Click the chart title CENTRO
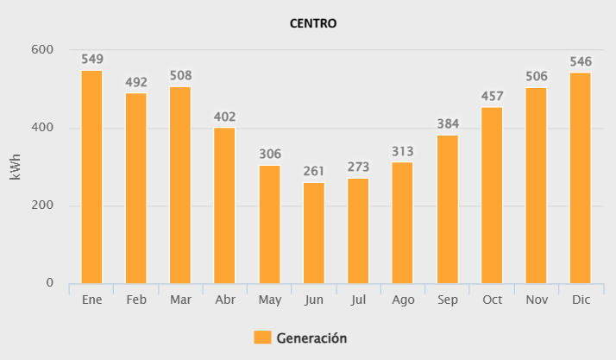pyautogui.click(x=312, y=23)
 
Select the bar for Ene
pyautogui.click(x=91, y=177)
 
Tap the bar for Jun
pyautogui.click(x=314, y=233)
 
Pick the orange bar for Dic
pyautogui.click(x=581, y=178)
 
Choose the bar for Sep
pyautogui.click(x=447, y=209)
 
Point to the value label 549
pyautogui.click(x=92, y=60)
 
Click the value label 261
pyautogui.click(x=314, y=171)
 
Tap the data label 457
pyautogui.click(x=492, y=96)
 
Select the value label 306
pyautogui.click(x=270, y=154)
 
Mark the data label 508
pyautogui.click(x=181, y=76)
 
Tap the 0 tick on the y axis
pyautogui.click(x=49, y=283)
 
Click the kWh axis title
pyautogui.click(x=16, y=167)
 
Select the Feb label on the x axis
pyautogui.click(x=136, y=299)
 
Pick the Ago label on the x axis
pyautogui.click(x=402, y=299)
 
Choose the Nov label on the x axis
pyautogui.click(x=536, y=299)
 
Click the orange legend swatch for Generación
pyautogui.click(x=262, y=338)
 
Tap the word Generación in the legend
pyautogui.click(x=311, y=338)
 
